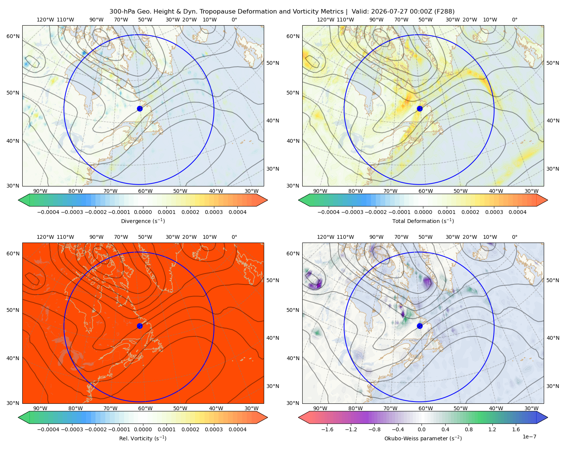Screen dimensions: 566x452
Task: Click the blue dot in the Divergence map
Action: (140, 109)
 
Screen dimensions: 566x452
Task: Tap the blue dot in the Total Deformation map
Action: (420, 109)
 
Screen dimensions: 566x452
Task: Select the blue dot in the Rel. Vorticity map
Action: (140, 326)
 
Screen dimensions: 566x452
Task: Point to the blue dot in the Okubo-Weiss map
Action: (420, 326)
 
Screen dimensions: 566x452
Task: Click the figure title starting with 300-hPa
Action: (282, 12)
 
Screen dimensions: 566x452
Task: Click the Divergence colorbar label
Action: (143, 221)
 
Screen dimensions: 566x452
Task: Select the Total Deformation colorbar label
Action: (423, 221)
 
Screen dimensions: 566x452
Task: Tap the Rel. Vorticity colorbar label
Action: (143, 438)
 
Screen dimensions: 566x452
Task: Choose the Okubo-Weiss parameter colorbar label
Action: (423, 438)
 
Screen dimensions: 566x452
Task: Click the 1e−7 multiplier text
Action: (529, 437)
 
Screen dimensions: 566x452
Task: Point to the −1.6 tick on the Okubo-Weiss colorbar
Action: (327, 429)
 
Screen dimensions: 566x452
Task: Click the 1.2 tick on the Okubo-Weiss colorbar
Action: (492, 429)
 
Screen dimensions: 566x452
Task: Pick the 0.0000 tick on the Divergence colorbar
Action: (143, 212)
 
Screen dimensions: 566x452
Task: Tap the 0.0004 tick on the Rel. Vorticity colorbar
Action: (237, 429)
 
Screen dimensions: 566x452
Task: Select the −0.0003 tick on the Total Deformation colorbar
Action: (352, 212)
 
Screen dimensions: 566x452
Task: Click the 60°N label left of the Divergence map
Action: (13, 36)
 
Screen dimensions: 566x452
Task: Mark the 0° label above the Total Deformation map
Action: (514, 20)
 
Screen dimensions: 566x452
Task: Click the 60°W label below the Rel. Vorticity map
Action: (145, 408)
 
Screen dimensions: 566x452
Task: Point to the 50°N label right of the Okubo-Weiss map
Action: (552, 280)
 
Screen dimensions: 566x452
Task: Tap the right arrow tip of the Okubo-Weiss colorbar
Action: (548, 417)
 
